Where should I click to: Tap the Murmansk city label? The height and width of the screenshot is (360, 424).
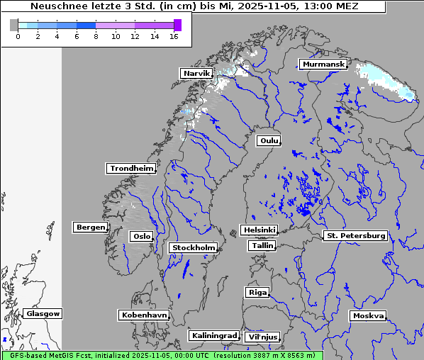pyautogui.click(x=323, y=64)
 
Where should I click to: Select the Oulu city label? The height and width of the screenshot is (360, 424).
pyautogui.click(x=268, y=140)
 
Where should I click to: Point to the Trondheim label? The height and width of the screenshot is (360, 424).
pyautogui.click(x=131, y=168)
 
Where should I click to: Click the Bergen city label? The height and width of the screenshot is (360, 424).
pyautogui.click(x=89, y=227)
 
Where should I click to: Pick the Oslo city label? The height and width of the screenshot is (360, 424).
pyautogui.click(x=141, y=236)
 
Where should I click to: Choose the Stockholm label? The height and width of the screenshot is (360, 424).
pyautogui.click(x=193, y=247)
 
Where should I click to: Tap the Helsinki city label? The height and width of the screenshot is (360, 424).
pyautogui.click(x=259, y=230)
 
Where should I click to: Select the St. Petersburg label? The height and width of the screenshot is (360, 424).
pyautogui.click(x=355, y=235)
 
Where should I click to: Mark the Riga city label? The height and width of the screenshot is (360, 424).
pyautogui.click(x=257, y=292)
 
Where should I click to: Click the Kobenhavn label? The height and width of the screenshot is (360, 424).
pyautogui.click(x=144, y=314)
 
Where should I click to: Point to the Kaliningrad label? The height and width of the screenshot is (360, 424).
pyautogui.click(x=213, y=335)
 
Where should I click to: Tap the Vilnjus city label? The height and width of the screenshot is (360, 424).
pyautogui.click(x=262, y=337)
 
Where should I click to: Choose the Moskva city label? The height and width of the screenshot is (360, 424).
pyautogui.click(x=368, y=315)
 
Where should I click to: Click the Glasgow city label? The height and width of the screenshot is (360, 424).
pyautogui.click(x=43, y=313)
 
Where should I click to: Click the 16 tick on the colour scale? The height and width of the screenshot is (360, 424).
pyautogui.click(x=174, y=36)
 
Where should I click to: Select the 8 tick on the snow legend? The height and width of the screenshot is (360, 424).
pyautogui.click(x=96, y=36)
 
